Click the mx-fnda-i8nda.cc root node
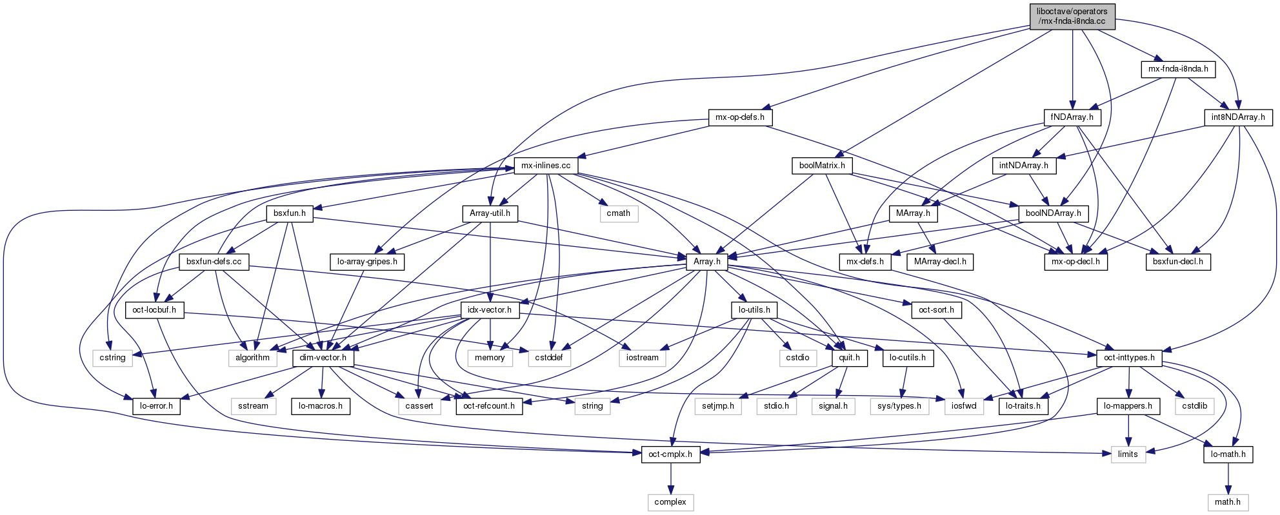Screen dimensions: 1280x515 1072,16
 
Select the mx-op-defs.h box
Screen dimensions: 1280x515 740,117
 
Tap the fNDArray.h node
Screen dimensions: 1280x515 1072,117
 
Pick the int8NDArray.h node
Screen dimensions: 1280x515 1238,117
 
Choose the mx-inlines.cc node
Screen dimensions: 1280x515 546,166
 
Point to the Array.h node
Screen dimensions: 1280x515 706,262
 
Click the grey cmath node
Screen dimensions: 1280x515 619,213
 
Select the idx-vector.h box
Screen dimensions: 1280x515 490,310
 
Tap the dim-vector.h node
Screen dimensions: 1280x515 323,358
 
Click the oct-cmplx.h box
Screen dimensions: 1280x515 670,454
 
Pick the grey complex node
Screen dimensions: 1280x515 670,502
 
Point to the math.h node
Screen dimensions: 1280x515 1228,502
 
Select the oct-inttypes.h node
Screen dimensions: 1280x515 1129,358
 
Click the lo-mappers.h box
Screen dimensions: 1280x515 1128,406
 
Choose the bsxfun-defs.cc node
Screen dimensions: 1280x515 214,262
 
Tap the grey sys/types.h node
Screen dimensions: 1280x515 899,406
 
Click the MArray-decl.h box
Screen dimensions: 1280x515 940,262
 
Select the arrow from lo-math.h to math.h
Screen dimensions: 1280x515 1228,478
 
